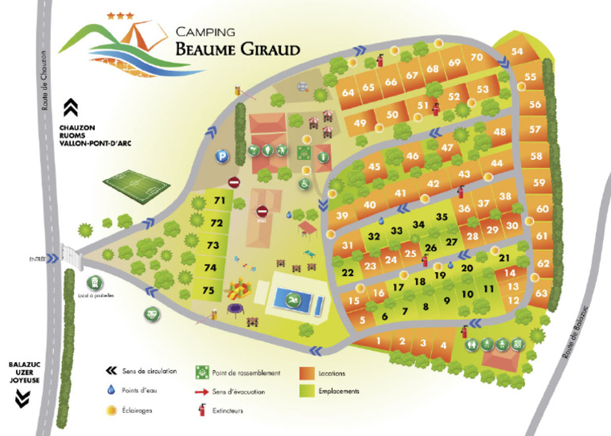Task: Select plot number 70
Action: click(x=477, y=57)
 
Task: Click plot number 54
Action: click(x=517, y=52)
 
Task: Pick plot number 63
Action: click(x=542, y=294)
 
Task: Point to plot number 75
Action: click(x=208, y=291)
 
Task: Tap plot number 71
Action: click(x=220, y=201)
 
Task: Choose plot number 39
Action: click(x=343, y=216)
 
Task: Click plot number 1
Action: click(x=379, y=341)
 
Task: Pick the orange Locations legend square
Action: click(x=306, y=372)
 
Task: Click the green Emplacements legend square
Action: click(x=306, y=391)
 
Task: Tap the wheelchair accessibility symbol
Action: click(x=304, y=183)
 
